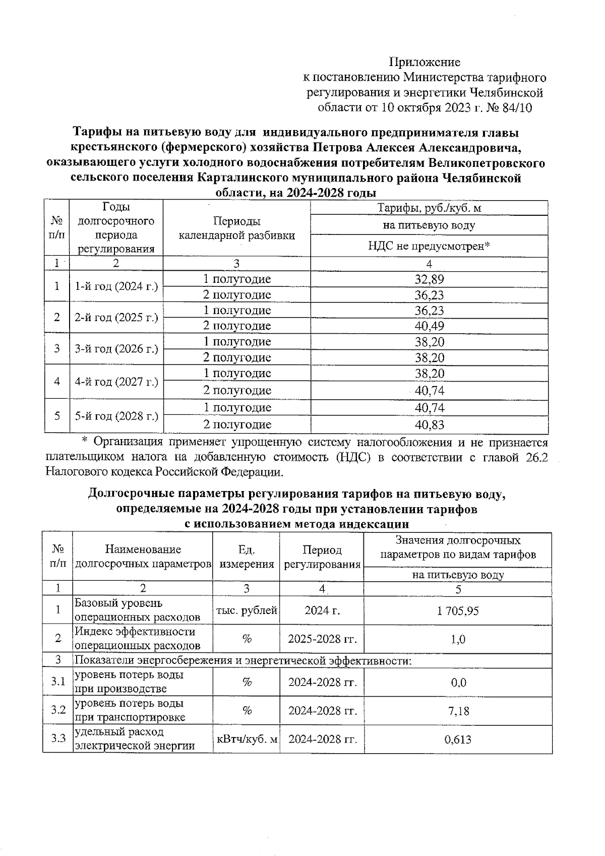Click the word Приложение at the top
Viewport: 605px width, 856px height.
425,62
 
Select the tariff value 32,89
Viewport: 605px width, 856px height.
429,279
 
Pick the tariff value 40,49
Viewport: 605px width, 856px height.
429,326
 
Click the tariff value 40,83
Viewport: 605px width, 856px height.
429,425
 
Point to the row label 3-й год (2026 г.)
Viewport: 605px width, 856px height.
116,349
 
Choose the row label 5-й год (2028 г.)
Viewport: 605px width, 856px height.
116,416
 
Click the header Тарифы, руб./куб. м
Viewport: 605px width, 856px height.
429,208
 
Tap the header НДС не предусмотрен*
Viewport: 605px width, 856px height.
429,246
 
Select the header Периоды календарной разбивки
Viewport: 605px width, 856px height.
237,228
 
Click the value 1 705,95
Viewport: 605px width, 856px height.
458,611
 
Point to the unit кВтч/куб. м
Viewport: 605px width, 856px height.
247,740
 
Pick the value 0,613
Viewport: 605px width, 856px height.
458,740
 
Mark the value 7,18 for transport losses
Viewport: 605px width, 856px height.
458,711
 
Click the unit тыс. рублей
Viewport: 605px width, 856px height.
247,610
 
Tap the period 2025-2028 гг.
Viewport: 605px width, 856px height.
322,639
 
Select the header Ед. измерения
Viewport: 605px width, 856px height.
247,557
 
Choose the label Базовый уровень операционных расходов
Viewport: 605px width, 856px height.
137,610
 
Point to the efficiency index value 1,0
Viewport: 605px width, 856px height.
458,639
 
